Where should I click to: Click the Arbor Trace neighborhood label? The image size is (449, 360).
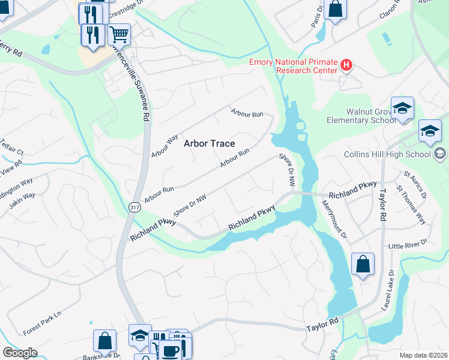209,143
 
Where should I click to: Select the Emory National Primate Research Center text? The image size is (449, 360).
294,66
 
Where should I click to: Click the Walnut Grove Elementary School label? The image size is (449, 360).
362,116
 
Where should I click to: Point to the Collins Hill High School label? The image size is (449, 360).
387,154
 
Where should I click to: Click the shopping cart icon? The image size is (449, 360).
119,34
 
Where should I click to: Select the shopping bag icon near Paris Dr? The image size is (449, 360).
336,10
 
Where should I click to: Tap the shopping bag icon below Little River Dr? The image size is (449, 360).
363,264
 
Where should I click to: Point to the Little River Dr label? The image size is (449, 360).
407,244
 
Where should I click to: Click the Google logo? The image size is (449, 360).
20,353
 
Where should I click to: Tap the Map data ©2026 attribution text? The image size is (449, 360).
423,355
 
